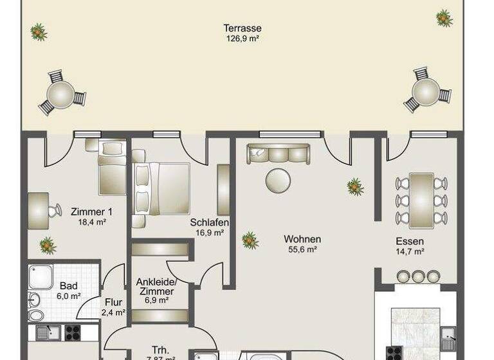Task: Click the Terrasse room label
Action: (242, 28)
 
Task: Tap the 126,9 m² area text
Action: (242, 39)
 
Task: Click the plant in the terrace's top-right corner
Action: (444, 17)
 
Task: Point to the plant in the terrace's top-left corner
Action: (38, 31)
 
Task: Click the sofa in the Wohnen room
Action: (278, 154)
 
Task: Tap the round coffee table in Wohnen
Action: (279, 179)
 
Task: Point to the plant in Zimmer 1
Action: (47, 245)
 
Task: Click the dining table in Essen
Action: (421, 199)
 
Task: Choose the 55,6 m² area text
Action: (302, 249)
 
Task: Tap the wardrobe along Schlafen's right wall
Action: (223, 190)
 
